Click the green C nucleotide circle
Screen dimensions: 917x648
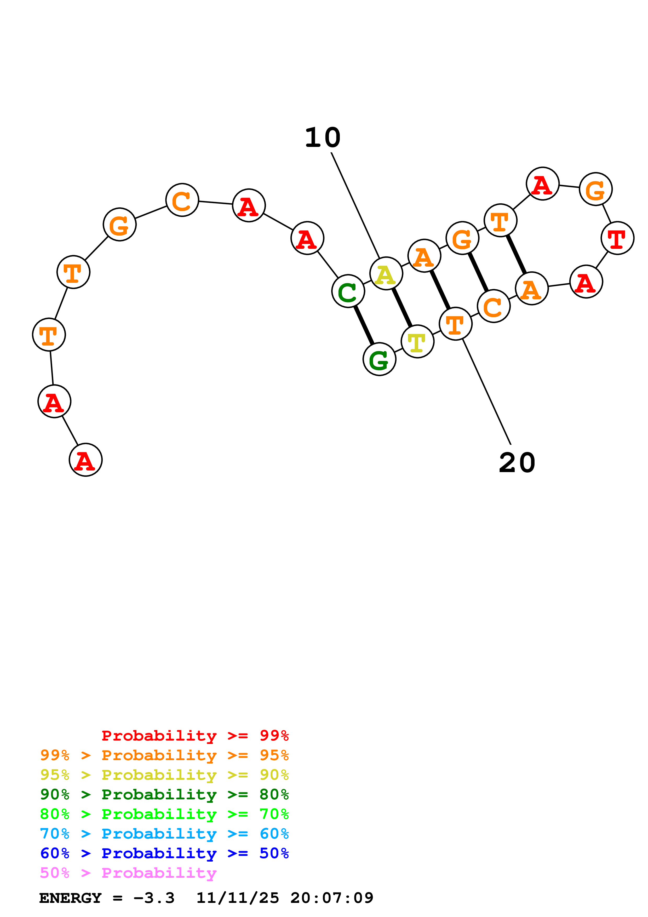coord(348,291)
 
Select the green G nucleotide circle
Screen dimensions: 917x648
coord(379,359)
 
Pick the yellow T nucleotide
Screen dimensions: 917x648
coord(417,342)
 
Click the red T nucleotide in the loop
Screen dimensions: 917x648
coord(617,238)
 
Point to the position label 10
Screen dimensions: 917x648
coord(323,138)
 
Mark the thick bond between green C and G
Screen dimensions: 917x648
coord(364,325)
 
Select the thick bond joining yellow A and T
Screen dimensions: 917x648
coord(402,307)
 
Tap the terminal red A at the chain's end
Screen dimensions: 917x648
coord(85,460)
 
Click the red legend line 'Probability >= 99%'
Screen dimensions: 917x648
coord(195,736)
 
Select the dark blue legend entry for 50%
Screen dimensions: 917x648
coord(164,853)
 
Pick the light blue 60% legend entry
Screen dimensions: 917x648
coord(164,834)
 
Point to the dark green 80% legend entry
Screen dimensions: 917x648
coord(164,794)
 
